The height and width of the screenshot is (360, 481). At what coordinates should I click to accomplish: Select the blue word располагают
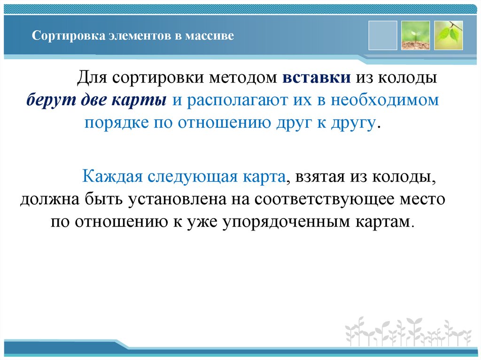[230, 100]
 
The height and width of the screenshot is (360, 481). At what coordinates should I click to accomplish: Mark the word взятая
[319, 177]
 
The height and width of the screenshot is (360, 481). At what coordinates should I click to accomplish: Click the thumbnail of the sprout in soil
[416, 35]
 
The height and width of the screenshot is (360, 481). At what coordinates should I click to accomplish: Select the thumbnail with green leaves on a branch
[448, 35]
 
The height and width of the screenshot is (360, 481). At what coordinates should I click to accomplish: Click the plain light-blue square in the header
[383, 35]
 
